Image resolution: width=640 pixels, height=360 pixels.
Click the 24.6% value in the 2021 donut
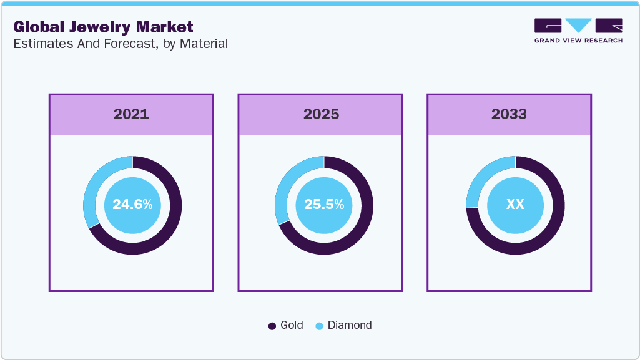132,205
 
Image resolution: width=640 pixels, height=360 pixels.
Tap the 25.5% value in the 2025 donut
323,205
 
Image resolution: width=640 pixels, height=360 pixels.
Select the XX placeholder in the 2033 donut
515,205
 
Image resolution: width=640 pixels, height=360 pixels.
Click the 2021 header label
131,114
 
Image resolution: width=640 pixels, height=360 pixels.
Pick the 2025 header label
321,114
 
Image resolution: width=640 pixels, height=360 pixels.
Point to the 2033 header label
509,114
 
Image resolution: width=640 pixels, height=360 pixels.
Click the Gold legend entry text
292,325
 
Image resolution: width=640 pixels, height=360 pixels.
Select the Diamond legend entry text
350,325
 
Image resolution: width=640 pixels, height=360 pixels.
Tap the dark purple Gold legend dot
272,326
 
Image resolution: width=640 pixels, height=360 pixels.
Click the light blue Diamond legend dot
319,326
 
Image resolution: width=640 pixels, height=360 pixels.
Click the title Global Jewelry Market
103,27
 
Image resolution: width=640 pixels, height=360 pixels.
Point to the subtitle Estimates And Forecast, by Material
120,44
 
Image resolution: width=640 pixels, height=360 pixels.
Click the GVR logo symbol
578,26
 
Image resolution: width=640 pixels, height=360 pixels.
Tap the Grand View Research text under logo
578,41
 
